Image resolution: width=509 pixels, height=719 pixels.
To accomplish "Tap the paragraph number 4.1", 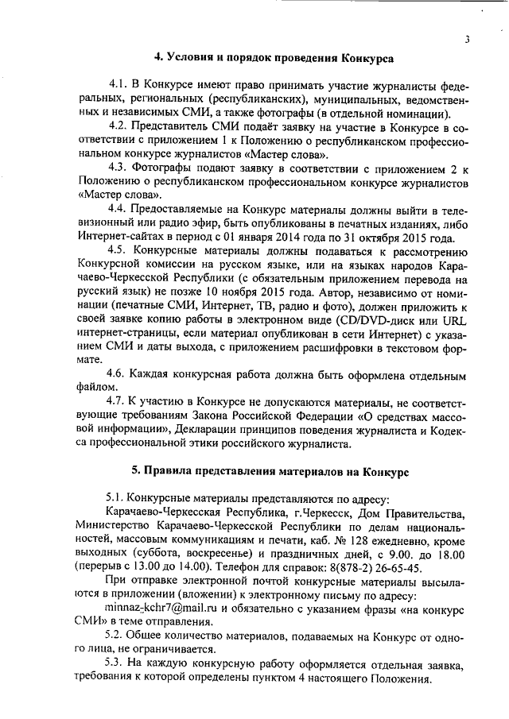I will coord(119,84).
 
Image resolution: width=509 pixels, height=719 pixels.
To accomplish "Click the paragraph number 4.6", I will coord(119,373).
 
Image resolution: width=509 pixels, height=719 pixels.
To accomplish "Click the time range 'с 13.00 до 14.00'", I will coord(165,566).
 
